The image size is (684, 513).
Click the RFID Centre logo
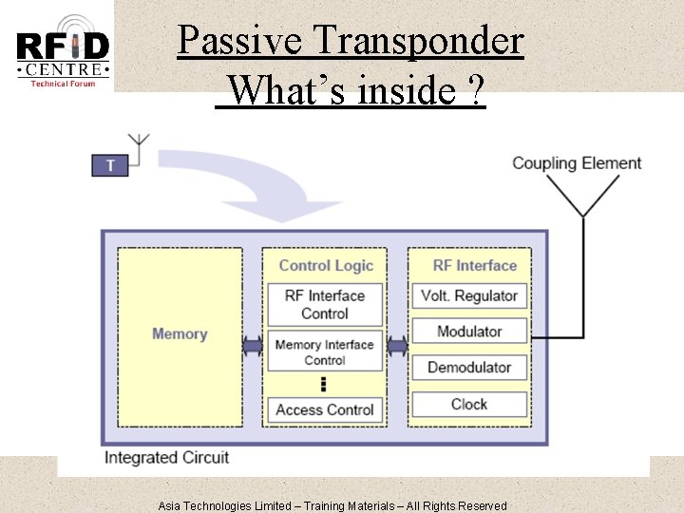click(63, 50)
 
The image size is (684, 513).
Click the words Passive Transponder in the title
click(350, 41)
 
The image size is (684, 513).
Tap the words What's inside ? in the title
click(351, 91)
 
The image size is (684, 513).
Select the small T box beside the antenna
click(110, 165)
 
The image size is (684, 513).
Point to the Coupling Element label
click(577, 162)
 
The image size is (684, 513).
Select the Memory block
click(180, 334)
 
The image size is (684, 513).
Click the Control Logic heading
click(325, 266)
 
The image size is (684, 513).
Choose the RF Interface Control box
click(325, 304)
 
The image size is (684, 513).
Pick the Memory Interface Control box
click(325, 351)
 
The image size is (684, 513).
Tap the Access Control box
click(325, 409)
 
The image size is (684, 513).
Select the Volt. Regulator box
click(468, 295)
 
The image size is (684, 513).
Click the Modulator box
click(468, 332)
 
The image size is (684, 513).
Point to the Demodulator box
click(468, 368)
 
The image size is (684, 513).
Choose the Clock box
click(468, 404)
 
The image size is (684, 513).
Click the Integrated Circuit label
click(166, 458)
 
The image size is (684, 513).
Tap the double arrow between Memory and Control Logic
click(253, 347)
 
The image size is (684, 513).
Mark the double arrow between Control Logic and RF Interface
click(396, 347)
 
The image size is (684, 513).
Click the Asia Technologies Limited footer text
click(332, 505)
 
